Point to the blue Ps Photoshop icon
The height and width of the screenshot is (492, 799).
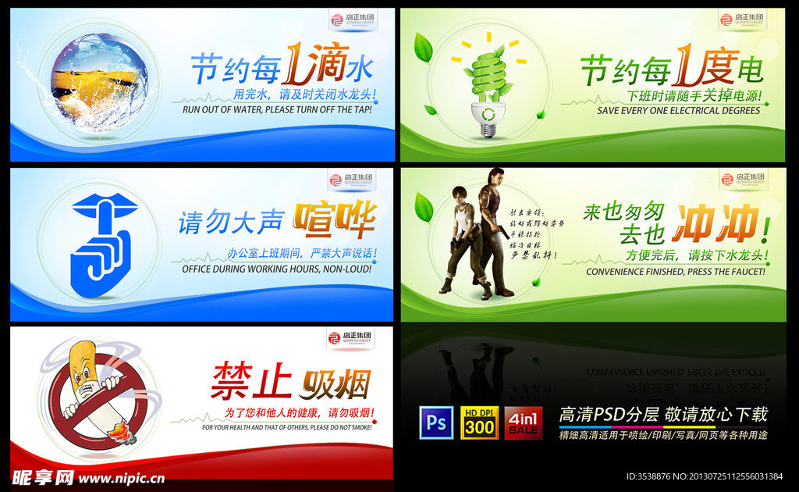click(x=436, y=422)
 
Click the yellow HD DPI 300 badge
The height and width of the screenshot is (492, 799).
click(x=479, y=422)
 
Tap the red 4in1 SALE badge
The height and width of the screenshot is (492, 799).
click(x=523, y=422)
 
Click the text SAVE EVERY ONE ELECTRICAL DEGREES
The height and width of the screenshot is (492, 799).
click(x=678, y=111)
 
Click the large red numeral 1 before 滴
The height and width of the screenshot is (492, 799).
click(x=293, y=67)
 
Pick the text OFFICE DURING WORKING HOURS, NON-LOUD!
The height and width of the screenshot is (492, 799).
click(x=276, y=269)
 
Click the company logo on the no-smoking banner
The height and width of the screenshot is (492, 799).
click(x=350, y=337)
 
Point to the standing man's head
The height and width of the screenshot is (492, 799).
click(x=495, y=177)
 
